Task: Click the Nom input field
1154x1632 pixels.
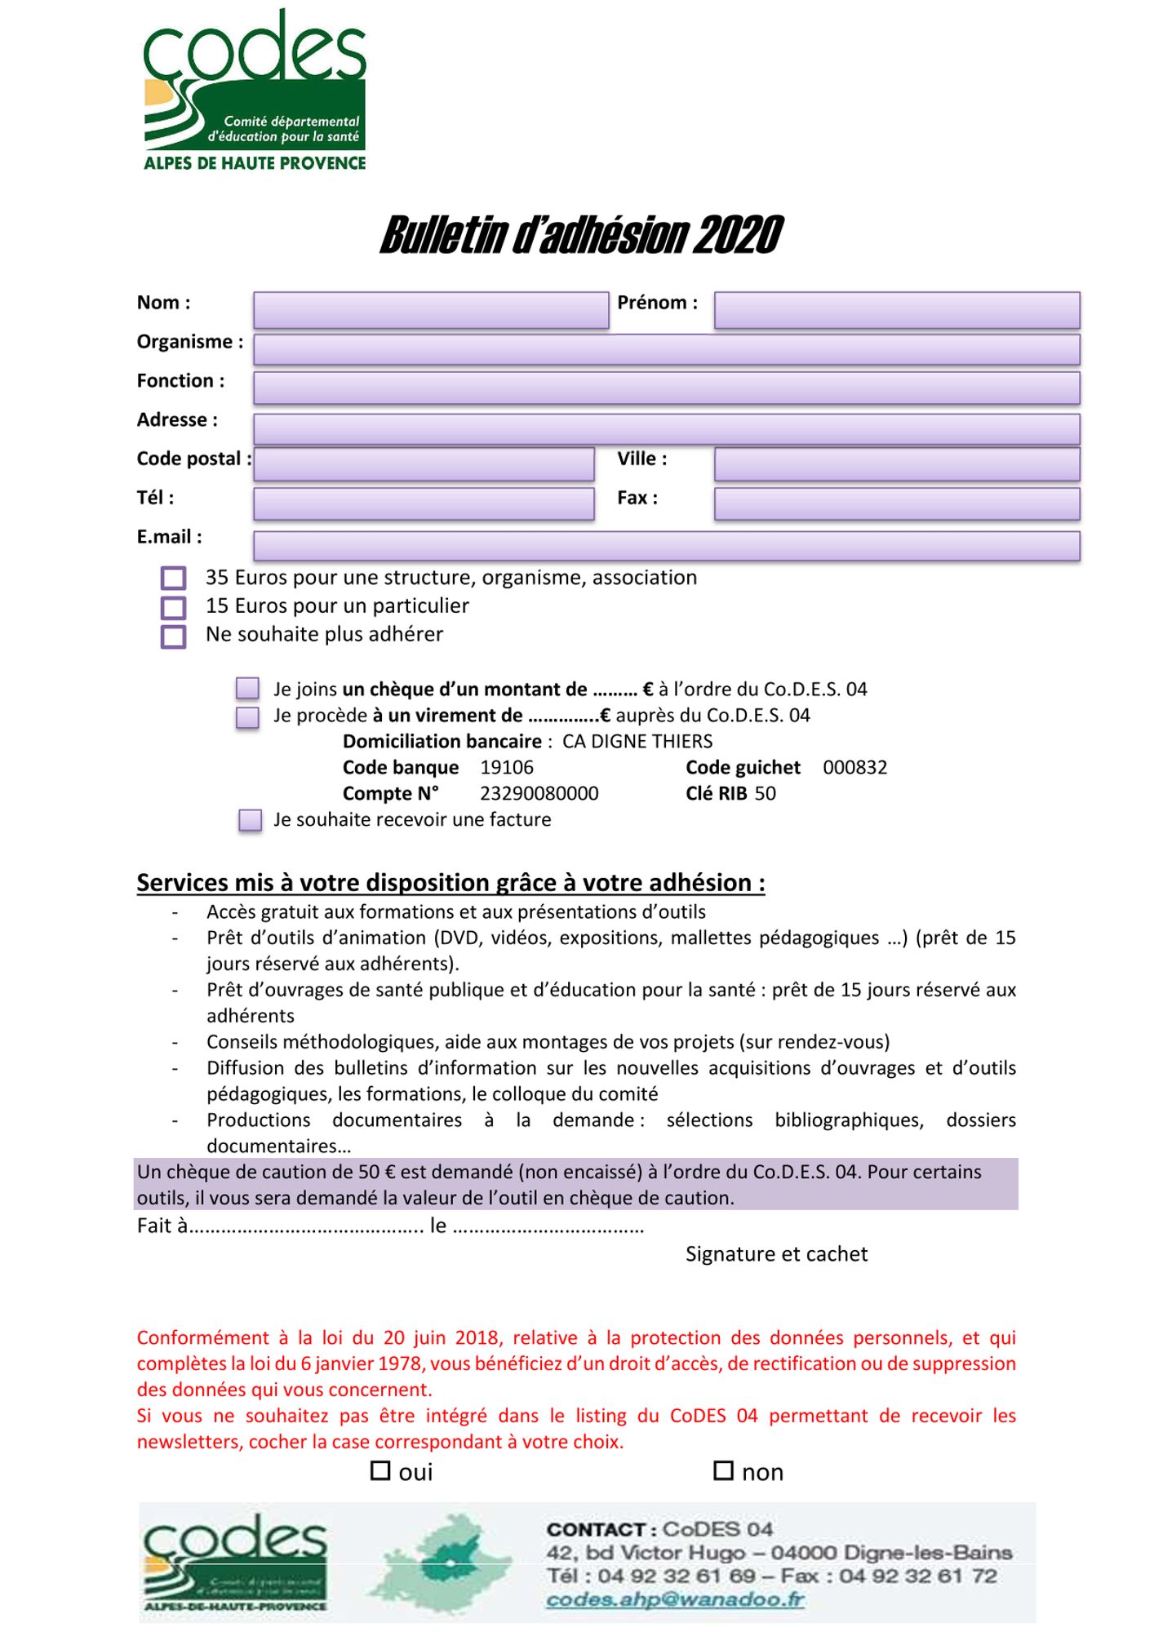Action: [x=431, y=310]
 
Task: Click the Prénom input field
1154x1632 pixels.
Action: [x=896, y=310]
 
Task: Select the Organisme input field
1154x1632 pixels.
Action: [x=666, y=349]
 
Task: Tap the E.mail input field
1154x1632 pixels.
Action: [x=666, y=546]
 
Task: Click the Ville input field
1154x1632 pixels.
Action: [x=896, y=464]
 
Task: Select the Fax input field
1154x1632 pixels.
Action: [x=896, y=503]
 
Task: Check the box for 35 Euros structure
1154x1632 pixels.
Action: [x=173, y=579]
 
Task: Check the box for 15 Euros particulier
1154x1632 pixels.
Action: [x=173, y=608]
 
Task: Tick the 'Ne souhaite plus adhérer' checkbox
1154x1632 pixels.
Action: [x=173, y=636]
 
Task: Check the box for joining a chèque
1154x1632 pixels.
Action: [x=247, y=689]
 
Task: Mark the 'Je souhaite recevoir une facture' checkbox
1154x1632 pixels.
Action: [x=250, y=820]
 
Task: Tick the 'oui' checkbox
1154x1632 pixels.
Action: [x=380, y=1470]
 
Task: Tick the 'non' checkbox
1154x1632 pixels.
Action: [x=723, y=1470]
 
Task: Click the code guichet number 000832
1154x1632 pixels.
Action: [x=854, y=768]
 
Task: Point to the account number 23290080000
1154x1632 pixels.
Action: [x=539, y=794]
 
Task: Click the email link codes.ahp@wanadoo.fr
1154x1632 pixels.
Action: [x=675, y=1599]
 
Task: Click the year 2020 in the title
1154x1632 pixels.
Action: [x=739, y=236]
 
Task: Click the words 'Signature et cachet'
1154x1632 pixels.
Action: [x=776, y=1254]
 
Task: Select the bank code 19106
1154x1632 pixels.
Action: [x=506, y=768]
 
